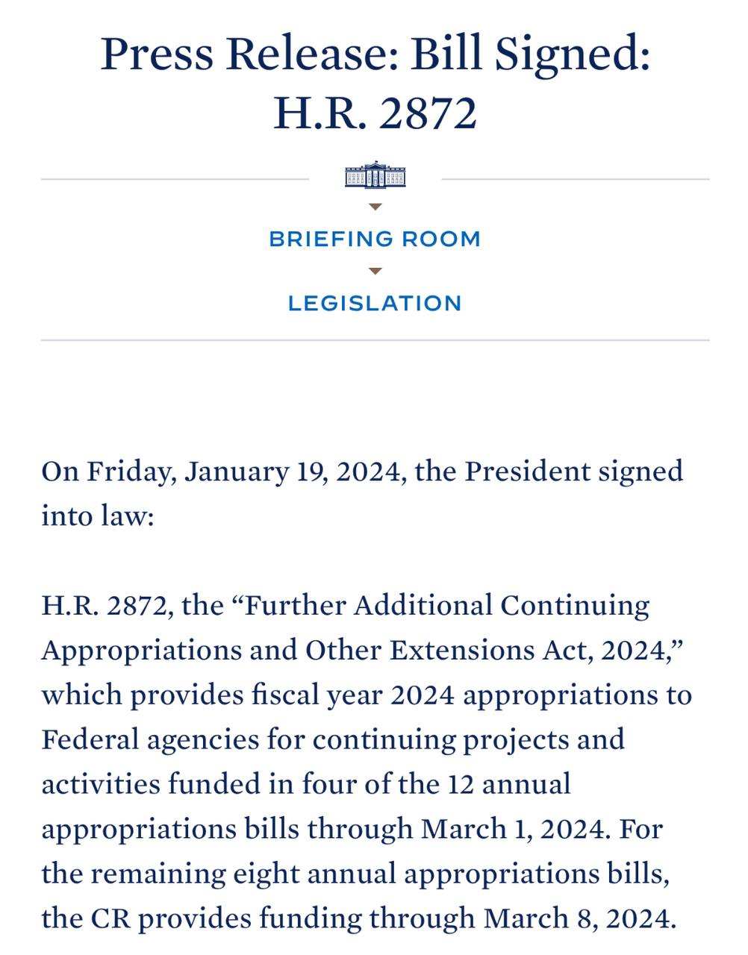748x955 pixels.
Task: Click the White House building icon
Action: point(375,175)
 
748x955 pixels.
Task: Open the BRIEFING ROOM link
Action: point(375,239)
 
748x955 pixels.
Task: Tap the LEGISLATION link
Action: point(375,304)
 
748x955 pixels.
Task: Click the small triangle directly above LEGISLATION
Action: point(375,271)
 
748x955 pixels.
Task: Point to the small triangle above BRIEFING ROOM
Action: point(375,207)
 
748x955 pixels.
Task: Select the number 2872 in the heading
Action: point(428,114)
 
